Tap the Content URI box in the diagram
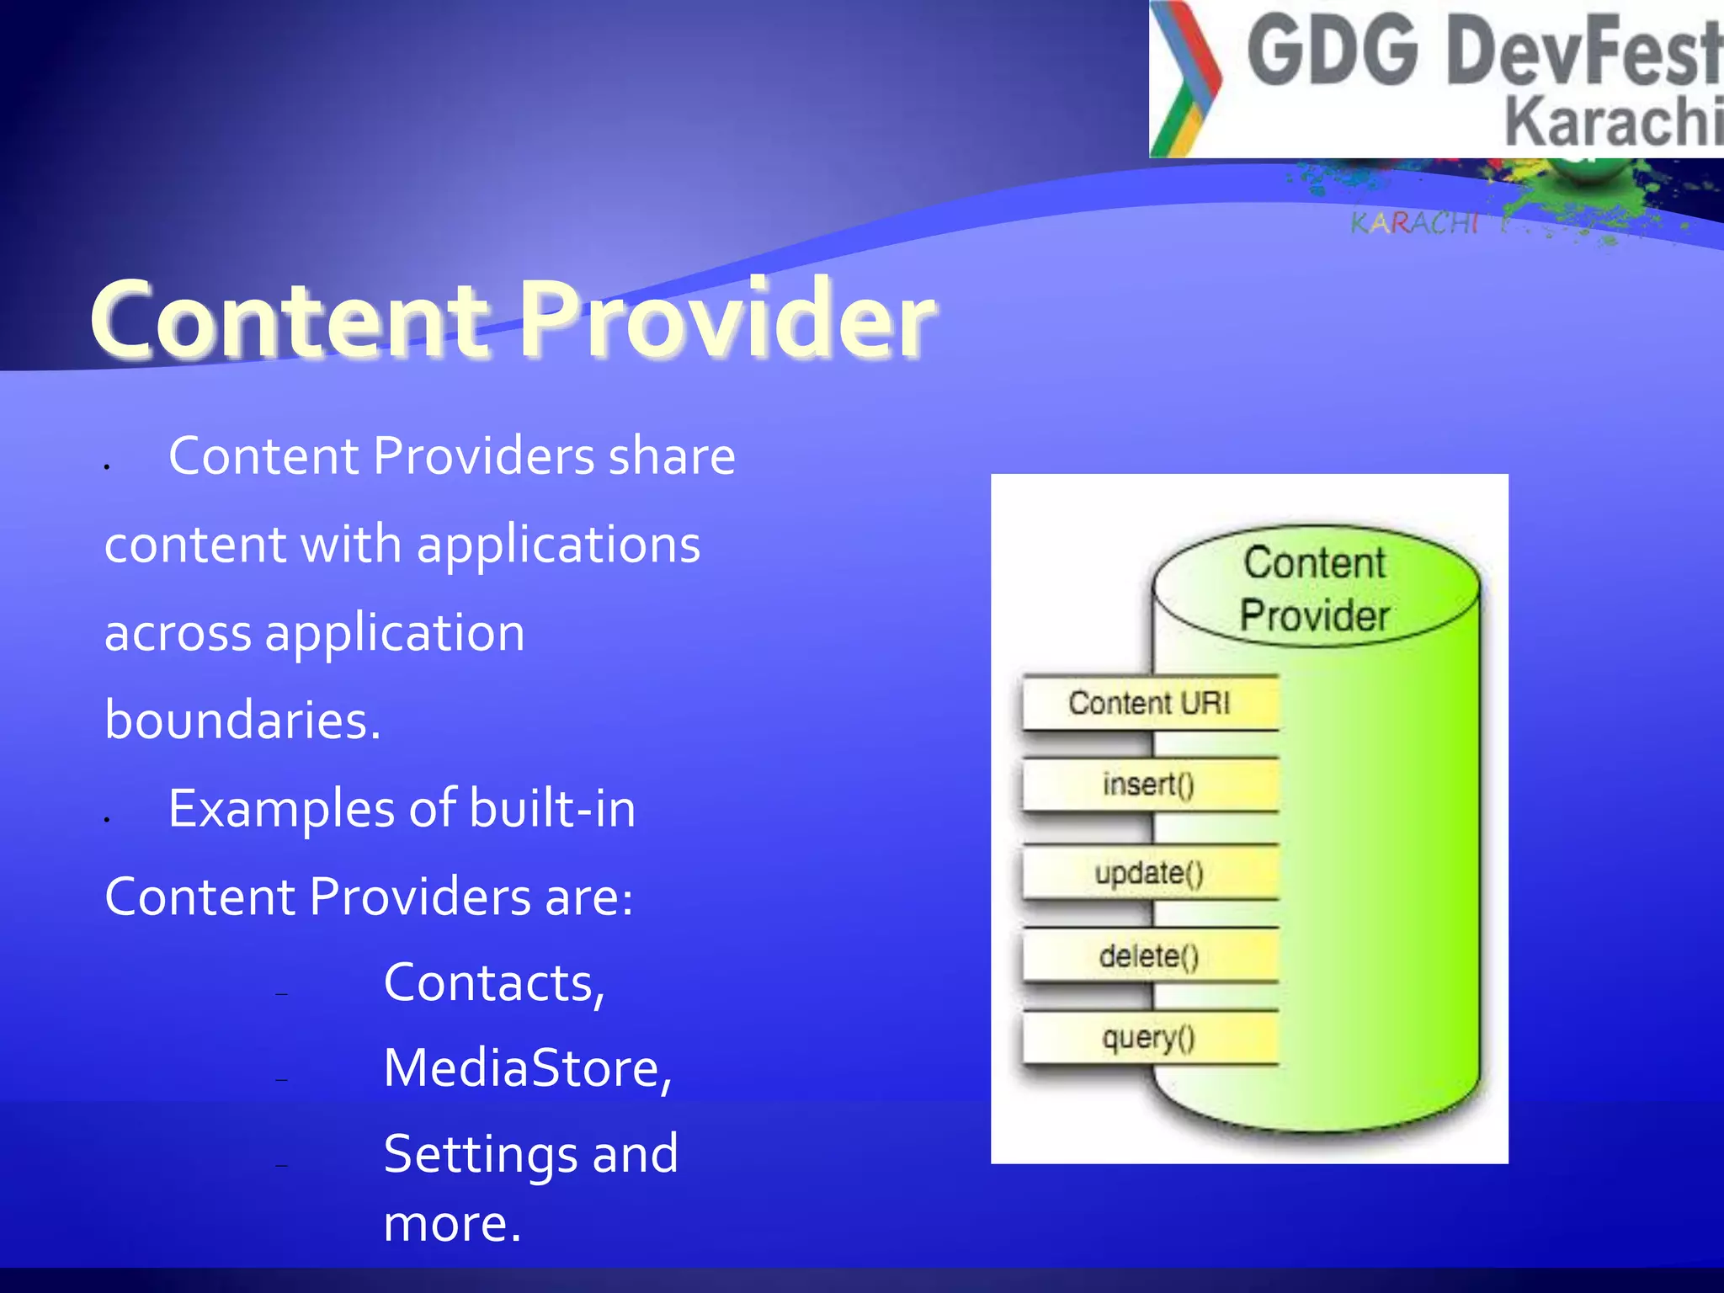[x=1150, y=703]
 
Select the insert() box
[x=1150, y=785]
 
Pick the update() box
[x=1150, y=872]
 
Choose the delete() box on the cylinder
[x=1150, y=955]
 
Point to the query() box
[x=1150, y=1038]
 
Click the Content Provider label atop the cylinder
[x=1315, y=588]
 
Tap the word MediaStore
[x=527, y=1068]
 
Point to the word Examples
[x=281, y=810]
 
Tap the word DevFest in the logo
[x=1583, y=52]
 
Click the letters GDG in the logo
[x=1333, y=52]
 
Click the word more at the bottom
[x=452, y=1223]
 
